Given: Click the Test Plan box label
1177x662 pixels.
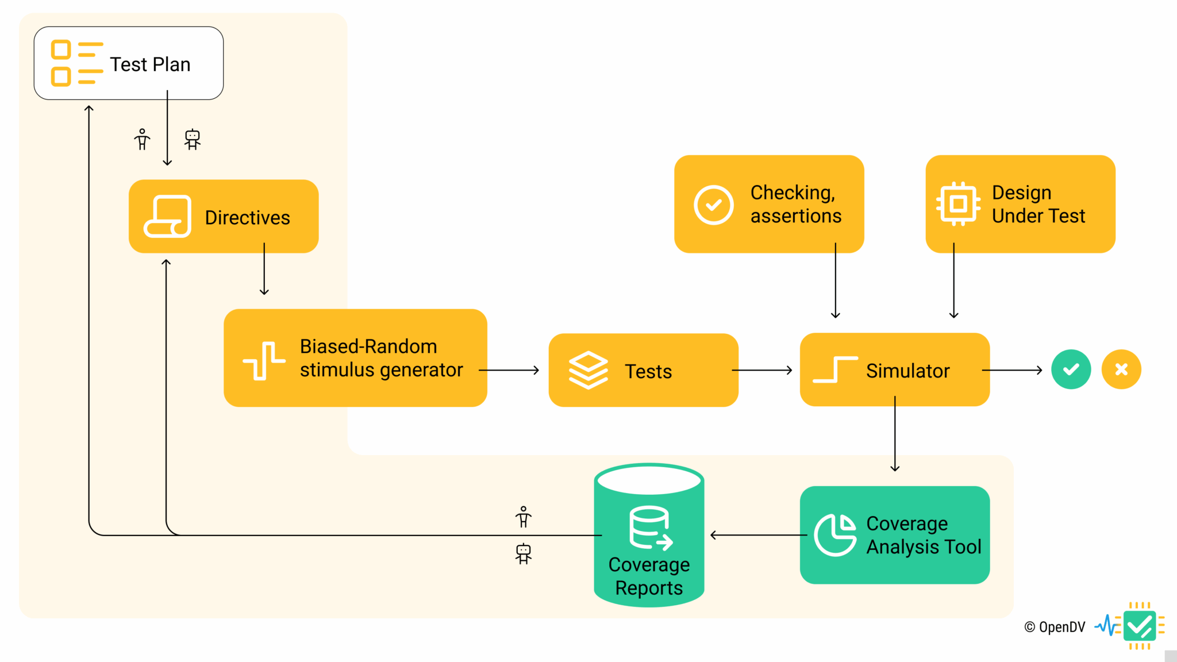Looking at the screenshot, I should pos(150,64).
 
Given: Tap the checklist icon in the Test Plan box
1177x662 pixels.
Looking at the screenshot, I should pos(77,63).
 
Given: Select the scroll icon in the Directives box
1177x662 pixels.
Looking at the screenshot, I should pos(167,216).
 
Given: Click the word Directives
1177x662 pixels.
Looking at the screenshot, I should pos(247,218).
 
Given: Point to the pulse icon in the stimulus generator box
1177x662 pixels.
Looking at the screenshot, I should pos(264,360).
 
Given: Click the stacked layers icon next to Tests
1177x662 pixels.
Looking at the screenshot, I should pos(588,371).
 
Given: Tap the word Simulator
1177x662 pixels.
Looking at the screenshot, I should pos(907,371).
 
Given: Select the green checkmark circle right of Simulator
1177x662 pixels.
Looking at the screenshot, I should pos(1071,370).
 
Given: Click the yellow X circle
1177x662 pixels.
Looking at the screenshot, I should pos(1121,370).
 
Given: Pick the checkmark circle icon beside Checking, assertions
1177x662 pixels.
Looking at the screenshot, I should pos(713,205).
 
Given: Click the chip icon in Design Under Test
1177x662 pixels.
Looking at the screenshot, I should pos(958,204).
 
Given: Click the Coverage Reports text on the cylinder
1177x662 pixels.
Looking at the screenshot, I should pos(649,576).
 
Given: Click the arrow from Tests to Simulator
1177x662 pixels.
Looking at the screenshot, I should pos(762,371).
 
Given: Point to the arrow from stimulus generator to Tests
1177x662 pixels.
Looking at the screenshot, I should pos(509,371).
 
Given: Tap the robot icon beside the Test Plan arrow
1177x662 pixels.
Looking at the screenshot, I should pos(193,139).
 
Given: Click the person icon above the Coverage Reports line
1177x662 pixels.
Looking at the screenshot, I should pos(523,517).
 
